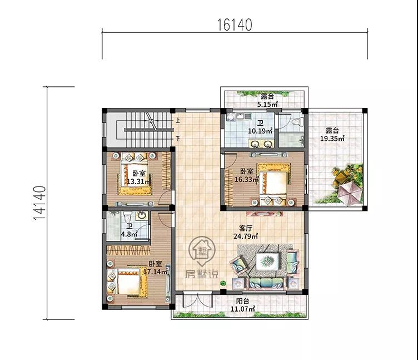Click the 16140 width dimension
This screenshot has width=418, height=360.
pyautogui.click(x=235, y=25)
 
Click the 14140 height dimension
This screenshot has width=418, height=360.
pyautogui.click(x=39, y=203)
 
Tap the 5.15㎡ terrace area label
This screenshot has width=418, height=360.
pyautogui.click(x=268, y=105)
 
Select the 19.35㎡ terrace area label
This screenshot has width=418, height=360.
pyautogui.click(x=332, y=139)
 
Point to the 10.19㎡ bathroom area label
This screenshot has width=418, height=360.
pyautogui.click(x=260, y=131)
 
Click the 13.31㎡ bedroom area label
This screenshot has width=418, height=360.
pyautogui.click(x=139, y=182)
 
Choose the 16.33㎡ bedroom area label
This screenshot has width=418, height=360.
pyautogui.click(x=247, y=179)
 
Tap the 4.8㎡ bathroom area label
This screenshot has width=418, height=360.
pyautogui.click(x=130, y=234)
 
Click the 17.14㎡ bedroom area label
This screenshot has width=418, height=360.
pyautogui.click(x=156, y=272)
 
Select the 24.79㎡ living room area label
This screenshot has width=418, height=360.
pyautogui.click(x=246, y=236)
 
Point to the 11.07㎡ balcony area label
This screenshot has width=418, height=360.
pyautogui.click(x=243, y=309)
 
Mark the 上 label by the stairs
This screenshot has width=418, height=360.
pyautogui.click(x=177, y=120)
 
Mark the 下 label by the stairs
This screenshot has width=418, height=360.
pyautogui.click(x=177, y=139)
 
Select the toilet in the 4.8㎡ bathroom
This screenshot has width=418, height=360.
pyautogui.click(x=127, y=216)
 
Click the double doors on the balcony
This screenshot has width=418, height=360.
pyautogui.click(x=198, y=300)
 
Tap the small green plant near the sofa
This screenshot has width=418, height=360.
pyautogui.click(x=223, y=283)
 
